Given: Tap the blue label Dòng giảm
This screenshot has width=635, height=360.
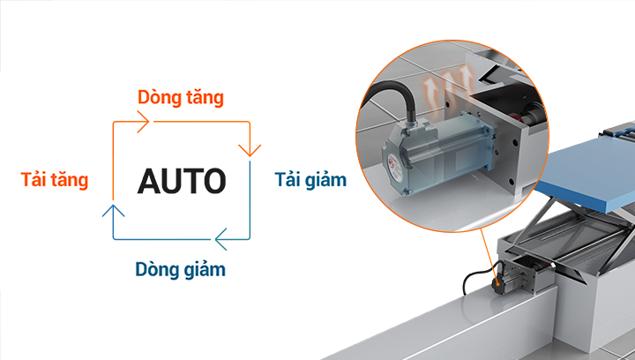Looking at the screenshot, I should point(180,269).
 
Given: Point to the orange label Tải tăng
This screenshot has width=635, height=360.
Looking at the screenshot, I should point(55,180).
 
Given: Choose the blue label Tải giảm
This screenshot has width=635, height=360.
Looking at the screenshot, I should point(310,180).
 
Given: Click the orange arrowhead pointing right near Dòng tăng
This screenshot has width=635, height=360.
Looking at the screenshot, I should point(142,124).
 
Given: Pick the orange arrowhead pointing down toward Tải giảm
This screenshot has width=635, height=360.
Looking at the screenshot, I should point(250,146).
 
